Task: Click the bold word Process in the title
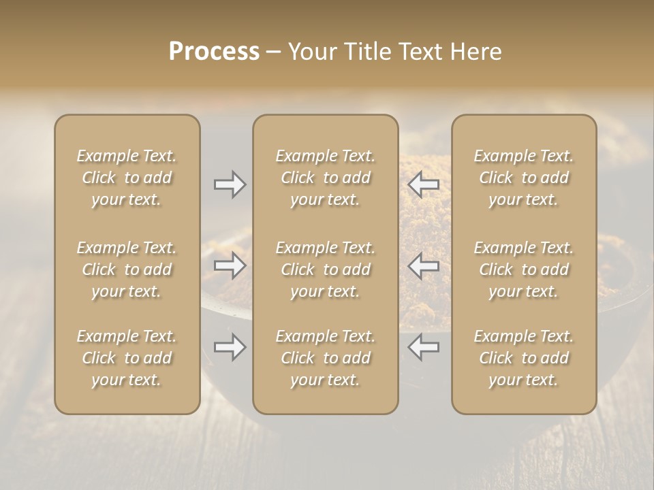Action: point(214,52)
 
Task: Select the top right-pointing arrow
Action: point(230,184)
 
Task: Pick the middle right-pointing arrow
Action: point(230,265)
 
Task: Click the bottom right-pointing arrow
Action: point(230,347)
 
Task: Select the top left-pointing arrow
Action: point(424,184)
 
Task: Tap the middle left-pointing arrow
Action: point(424,265)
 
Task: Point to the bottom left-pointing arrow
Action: point(424,347)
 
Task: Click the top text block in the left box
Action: point(127,178)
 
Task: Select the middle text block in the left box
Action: point(127,269)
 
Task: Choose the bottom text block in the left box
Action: point(127,358)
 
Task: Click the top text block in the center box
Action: point(326,178)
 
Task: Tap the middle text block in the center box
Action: point(326,269)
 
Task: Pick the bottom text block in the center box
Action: point(326,358)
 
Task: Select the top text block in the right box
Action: point(524,178)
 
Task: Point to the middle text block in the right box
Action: point(524,269)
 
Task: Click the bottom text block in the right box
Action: point(524,358)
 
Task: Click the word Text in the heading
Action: point(417,52)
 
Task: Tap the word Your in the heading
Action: point(311,52)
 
